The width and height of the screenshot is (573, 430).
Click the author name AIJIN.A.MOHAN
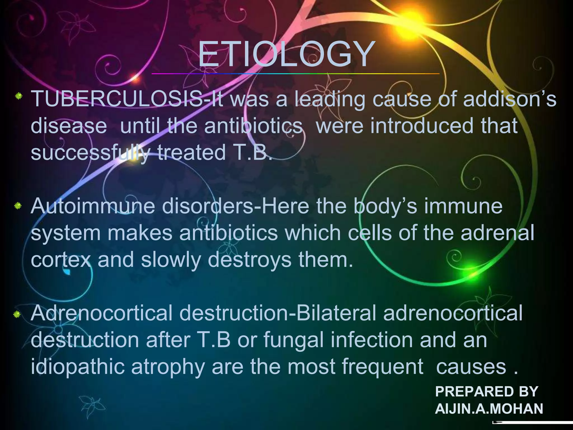[489, 409]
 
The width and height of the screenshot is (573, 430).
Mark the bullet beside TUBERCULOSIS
[18, 97]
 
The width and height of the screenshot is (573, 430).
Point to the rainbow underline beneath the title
[295, 74]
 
